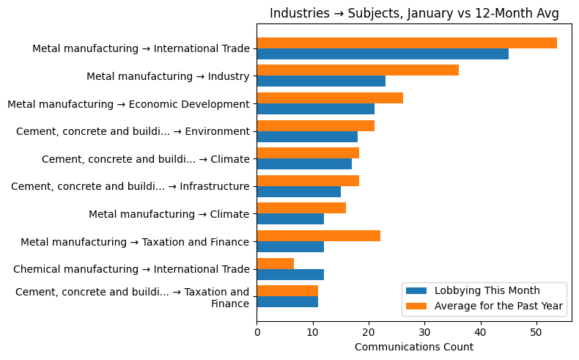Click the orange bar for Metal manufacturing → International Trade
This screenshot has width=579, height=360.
coord(407,43)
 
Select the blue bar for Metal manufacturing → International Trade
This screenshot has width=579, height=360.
coord(383,54)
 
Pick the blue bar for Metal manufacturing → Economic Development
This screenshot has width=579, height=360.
coord(315,109)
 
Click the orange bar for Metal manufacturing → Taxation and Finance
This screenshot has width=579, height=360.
coord(318,235)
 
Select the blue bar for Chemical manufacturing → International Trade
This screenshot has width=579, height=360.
coord(290,274)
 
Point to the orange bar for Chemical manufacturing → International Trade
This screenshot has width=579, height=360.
coord(276,263)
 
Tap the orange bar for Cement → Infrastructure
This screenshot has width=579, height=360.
coord(308,180)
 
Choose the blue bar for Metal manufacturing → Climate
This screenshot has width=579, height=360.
coord(290,219)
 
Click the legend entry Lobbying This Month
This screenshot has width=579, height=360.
coord(487,290)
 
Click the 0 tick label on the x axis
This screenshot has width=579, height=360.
coord(257,331)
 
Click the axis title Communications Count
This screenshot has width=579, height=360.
coord(413,347)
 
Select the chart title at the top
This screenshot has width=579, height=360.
coord(414,13)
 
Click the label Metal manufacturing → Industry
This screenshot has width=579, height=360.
coord(168,76)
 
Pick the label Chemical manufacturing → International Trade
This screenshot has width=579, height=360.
coord(131,269)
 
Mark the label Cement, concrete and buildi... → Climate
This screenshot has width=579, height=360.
coord(145,159)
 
